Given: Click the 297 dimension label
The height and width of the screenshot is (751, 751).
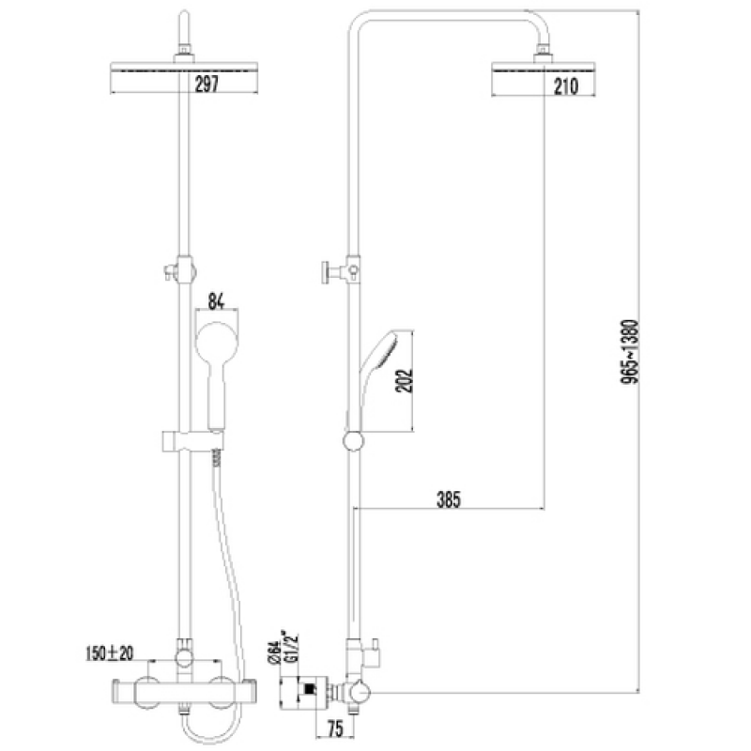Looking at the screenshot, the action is tap(207, 84).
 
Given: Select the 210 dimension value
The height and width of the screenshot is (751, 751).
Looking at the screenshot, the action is tap(566, 86).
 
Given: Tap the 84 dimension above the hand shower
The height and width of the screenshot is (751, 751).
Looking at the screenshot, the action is tap(217, 301).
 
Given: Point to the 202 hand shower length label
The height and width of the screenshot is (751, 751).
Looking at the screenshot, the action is tap(404, 380).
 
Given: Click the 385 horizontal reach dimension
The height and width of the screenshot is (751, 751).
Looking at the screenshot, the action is tap(449, 499).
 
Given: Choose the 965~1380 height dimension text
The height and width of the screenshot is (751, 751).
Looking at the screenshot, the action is tap(630, 351).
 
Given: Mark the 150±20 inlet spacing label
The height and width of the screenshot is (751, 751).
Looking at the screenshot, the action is tap(110, 653).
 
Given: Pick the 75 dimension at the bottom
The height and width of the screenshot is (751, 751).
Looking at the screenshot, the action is tap(335, 728).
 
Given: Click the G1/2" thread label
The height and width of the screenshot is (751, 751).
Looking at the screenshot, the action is tap(292, 646).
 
